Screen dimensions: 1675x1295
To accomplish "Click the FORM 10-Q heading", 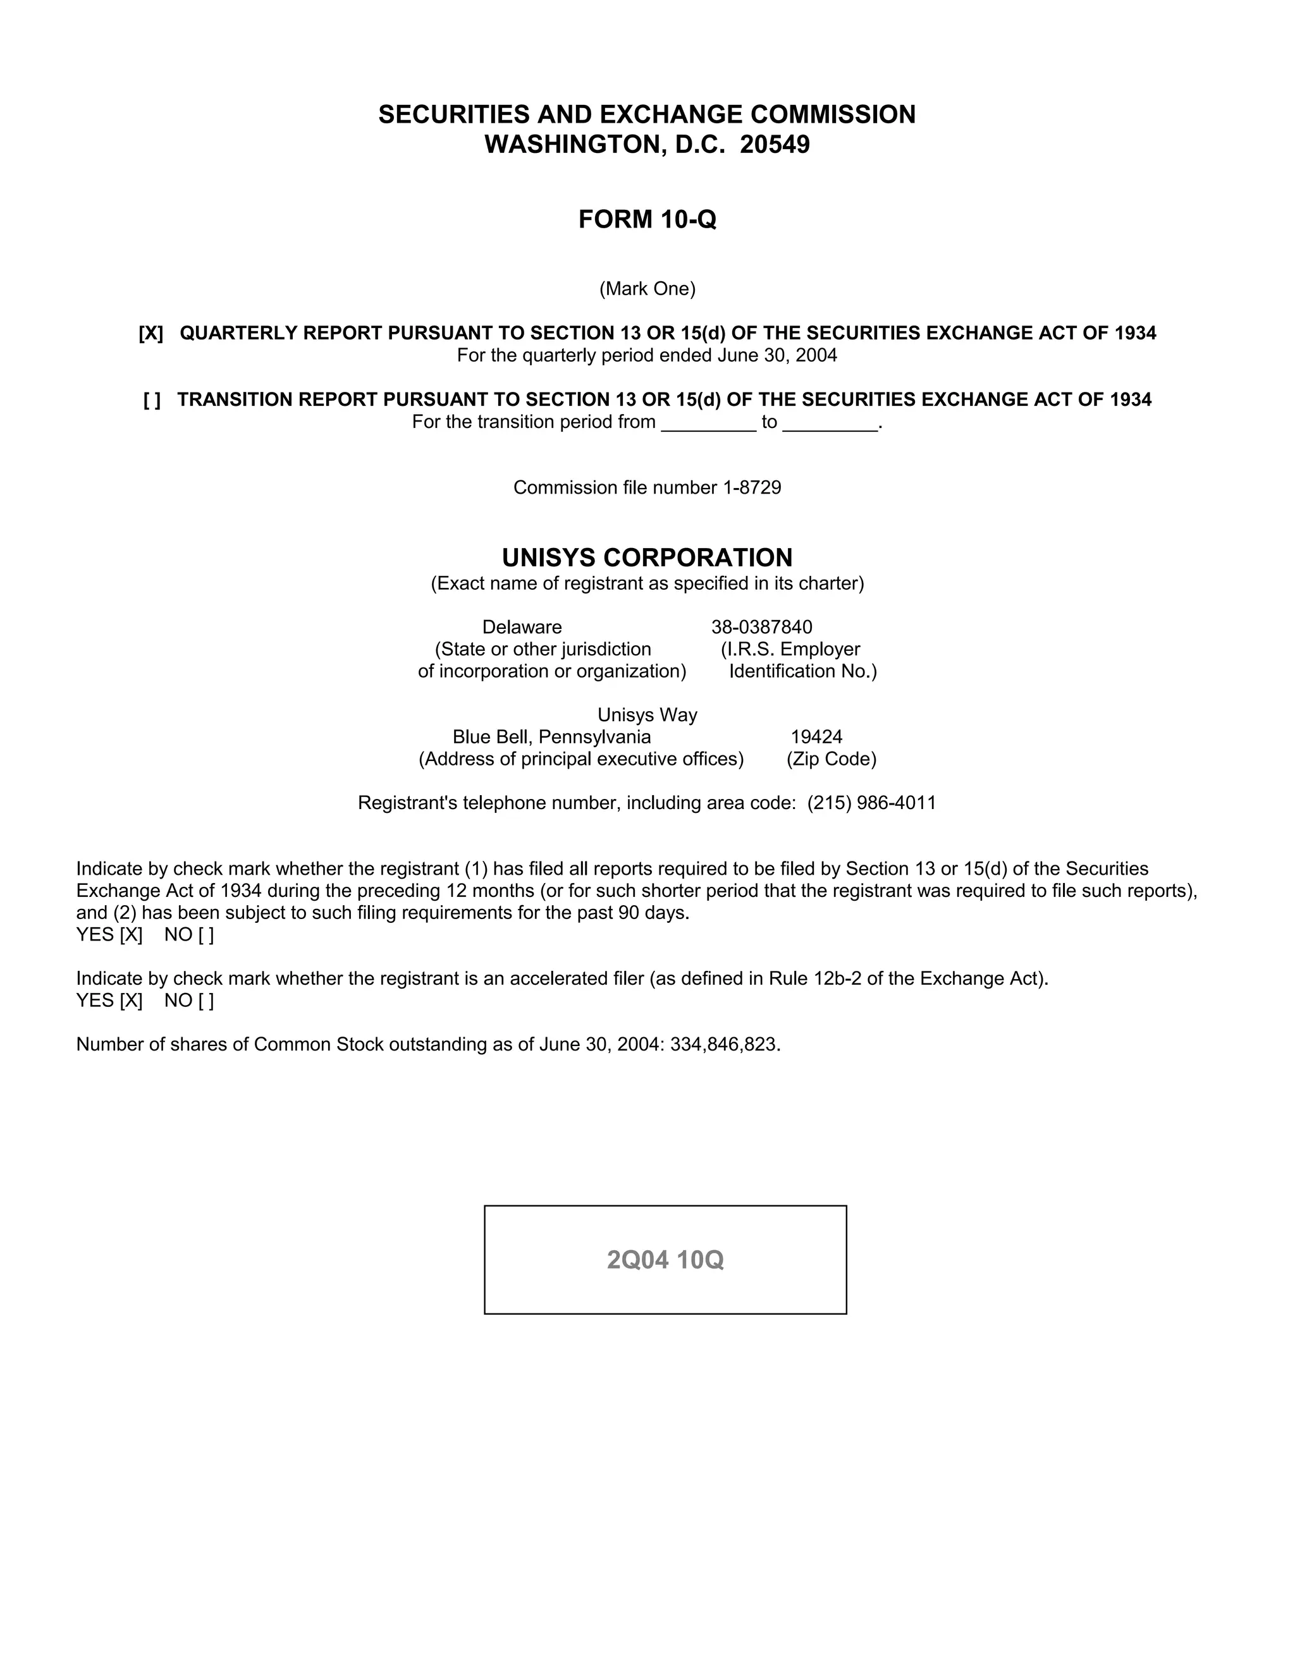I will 647,219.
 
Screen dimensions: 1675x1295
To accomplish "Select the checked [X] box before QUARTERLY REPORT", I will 151,333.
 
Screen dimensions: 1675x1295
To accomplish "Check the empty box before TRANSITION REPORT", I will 152,399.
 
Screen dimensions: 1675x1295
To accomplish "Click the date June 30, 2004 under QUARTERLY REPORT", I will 777,355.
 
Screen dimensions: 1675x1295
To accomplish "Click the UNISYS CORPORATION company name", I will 647,557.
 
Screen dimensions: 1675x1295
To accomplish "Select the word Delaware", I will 522,628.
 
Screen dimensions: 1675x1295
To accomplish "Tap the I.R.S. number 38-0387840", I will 761,628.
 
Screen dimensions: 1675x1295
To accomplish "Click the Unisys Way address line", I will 647,715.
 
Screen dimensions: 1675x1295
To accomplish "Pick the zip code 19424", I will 816,737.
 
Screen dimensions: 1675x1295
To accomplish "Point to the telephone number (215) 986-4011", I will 871,803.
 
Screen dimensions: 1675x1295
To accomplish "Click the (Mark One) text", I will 647,289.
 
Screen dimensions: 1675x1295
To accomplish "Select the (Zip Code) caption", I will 831,759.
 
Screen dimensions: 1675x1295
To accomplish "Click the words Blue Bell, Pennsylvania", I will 551,737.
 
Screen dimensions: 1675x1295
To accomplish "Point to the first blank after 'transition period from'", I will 708,423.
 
